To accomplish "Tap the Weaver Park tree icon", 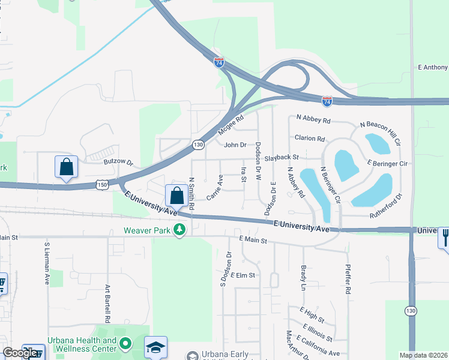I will pyautogui.click(x=179, y=230).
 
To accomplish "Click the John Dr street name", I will pyautogui.click(x=235, y=145).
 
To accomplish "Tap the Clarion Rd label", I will pyautogui.click(x=309, y=138).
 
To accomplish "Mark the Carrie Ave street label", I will pyautogui.click(x=215, y=188).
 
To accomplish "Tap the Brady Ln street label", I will pyautogui.click(x=303, y=278).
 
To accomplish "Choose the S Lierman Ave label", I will pyautogui.click(x=46, y=263).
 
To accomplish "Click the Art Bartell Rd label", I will pyautogui.click(x=107, y=304).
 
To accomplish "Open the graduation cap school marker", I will pyautogui.click(x=155, y=347).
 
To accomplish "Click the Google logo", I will pyautogui.click(x=20, y=353).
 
